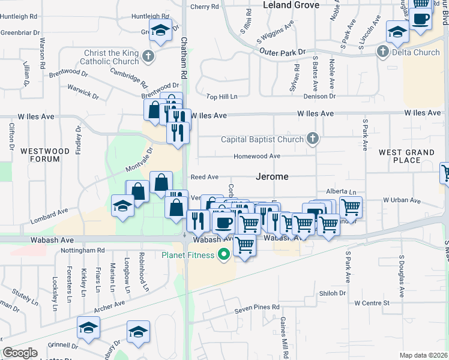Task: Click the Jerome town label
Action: pyautogui.click(x=272, y=177)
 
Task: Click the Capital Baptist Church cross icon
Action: pyautogui.click(x=312, y=139)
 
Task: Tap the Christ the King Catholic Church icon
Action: pyautogui.click(x=149, y=57)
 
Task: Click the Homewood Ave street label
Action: pyautogui.click(x=258, y=156)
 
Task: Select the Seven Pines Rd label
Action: pyautogui.click(x=257, y=308)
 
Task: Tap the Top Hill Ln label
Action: pyautogui.click(x=222, y=96)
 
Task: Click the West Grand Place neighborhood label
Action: pyautogui.click(x=407, y=157)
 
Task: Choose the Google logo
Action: pyautogui.click(x=20, y=353)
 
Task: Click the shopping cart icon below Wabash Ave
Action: pyautogui.click(x=244, y=245)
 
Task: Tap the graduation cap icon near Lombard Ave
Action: pyautogui.click(x=122, y=206)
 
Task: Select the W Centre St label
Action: pyautogui.click(x=372, y=303)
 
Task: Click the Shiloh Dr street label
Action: pyautogui.click(x=333, y=293)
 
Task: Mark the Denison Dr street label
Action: pyautogui.click(x=319, y=96)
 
